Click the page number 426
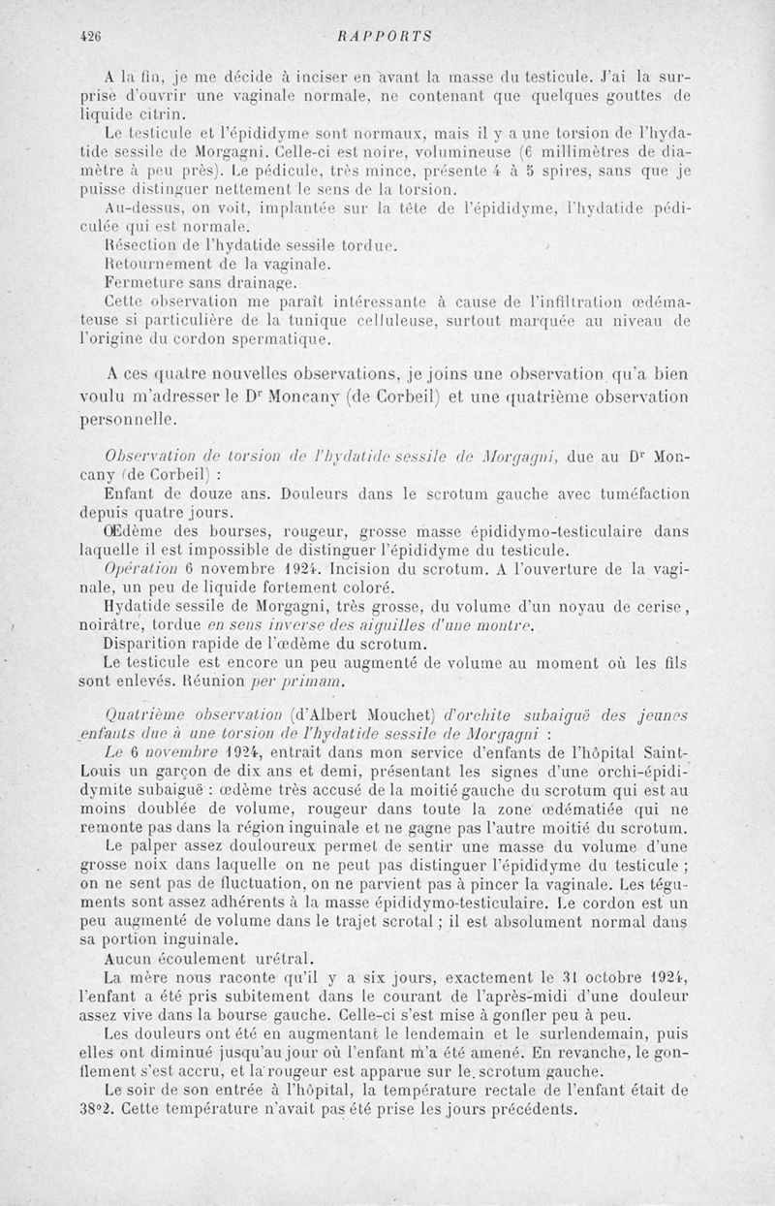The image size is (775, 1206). (x=92, y=37)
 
